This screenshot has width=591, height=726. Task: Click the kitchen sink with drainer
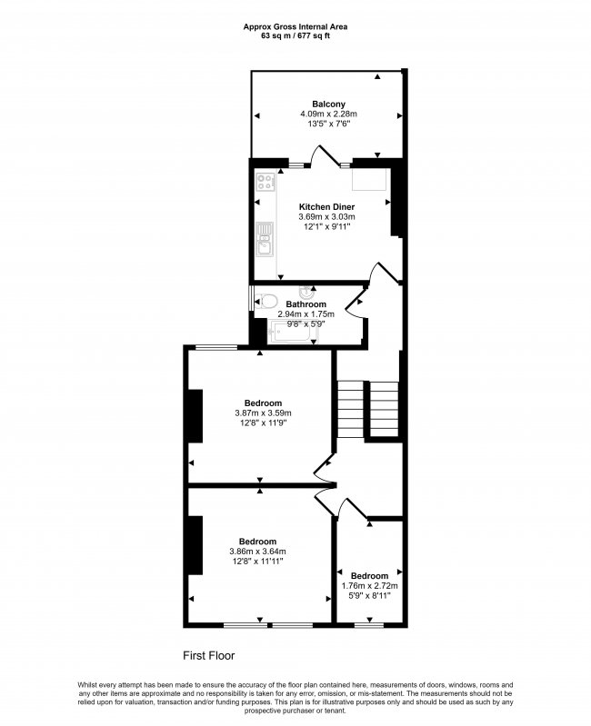[265, 239]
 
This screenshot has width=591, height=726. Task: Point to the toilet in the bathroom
[265, 301]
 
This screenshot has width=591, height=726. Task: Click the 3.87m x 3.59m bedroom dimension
[262, 413]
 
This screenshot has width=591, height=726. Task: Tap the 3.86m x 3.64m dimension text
[256, 552]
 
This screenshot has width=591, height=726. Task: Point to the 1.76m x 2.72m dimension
[369, 586]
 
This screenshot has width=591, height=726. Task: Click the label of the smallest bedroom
[369, 576]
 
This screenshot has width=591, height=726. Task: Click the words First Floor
[209, 654]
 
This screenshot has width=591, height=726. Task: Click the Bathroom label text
[306, 304]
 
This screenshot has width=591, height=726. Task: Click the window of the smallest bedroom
[367, 624]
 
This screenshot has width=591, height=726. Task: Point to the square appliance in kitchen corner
[373, 181]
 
